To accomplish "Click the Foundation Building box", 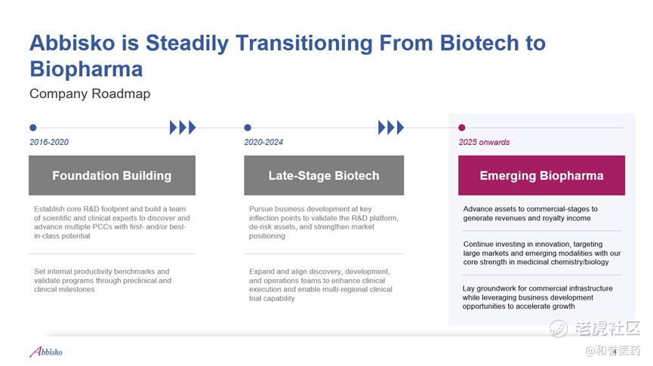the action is [112, 175].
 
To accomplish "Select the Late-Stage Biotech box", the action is [324, 175].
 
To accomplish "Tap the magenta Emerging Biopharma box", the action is [541, 175].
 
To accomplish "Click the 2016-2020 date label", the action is [49, 142].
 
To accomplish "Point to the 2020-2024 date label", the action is [263, 142].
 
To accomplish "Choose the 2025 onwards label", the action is [485, 142].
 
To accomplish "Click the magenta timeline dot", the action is [461, 128].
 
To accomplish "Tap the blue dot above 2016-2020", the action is [33, 128].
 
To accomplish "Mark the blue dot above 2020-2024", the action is [248, 128].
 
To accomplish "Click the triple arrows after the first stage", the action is [183, 128].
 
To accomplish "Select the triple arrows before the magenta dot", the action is [390, 128].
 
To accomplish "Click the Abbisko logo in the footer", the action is [46, 352].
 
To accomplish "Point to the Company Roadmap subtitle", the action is [90, 94].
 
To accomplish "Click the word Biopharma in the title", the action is [86, 69].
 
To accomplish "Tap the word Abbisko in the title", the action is [72, 43].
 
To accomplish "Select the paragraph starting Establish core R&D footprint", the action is [112, 223].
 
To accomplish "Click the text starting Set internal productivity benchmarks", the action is [103, 280].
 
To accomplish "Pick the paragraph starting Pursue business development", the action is [324, 223].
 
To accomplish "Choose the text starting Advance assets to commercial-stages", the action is [530, 214].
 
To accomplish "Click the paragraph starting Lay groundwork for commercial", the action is [537, 297].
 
